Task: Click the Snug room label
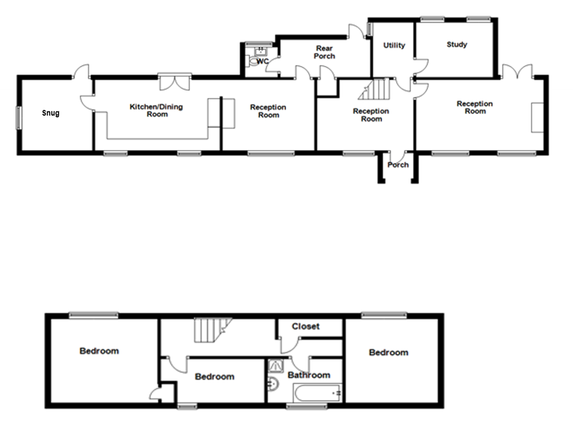(x=51, y=113)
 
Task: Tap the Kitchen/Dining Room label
(x=156, y=110)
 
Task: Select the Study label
(x=457, y=44)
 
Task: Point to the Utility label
(x=394, y=46)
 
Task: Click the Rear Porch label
(x=324, y=52)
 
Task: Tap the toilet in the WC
(x=252, y=61)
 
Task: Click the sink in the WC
(x=261, y=50)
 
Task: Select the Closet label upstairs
(x=306, y=326)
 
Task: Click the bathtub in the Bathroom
(x=317, y=393)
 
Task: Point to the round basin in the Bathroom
(x=272, y=384)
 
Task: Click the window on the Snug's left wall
(x=18, y=118)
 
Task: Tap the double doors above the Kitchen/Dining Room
(x=175, y=82)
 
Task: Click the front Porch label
(x=398, y=165)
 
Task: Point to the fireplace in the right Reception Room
(x=537, y=117)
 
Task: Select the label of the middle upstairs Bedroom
(x=215, y=377)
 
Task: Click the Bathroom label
(x=309, y=375)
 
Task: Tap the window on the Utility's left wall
(x=369, y=29)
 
